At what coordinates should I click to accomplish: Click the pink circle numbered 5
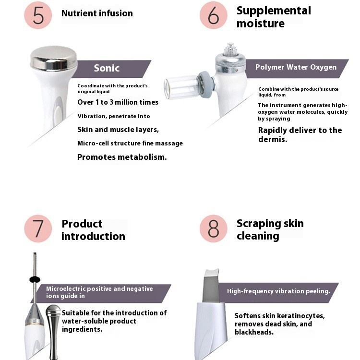pyautogui.click(x=38, y=15)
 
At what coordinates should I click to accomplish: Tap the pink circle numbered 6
pyautogui.click(x=214, y=15)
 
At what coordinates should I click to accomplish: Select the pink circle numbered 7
pyautogui.click(x=38, y=228)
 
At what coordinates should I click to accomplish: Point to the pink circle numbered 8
pyautogui.click(x=214, y=228)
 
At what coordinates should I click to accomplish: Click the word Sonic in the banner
pyautogui.click(x=107, y=68)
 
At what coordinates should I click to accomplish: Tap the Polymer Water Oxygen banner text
pyautogui.click(x=296, y=67)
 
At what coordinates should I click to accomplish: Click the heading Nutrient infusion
pyautogui.click(x=97, y=13)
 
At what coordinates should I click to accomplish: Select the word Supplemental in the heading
pyautogui.click(x=274, y=11)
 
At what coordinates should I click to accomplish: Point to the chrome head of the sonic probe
pyautogui.click(x=54, y=58)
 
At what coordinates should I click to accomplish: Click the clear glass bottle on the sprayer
pyautogui.click(x=181, y=87)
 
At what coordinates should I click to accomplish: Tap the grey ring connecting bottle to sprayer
pyautogui.click(x=206, y=84)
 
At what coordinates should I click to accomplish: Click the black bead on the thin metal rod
pyautogui.click(x=35, y=280)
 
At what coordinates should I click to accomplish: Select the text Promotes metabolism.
pyautogui.click(x=122, y=157)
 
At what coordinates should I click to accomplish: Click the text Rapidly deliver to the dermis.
pyautogui.click(x=300, y=134)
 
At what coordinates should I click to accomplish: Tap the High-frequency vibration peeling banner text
pyautogui.click(x=278, y=291)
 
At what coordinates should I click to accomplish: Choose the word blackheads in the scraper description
pyautogui.click(x=254, y=332)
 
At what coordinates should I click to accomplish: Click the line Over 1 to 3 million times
pyautogui.click(x=118, y=102)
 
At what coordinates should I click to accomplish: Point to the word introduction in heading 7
pyautogui.click(x=93, y=236)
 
